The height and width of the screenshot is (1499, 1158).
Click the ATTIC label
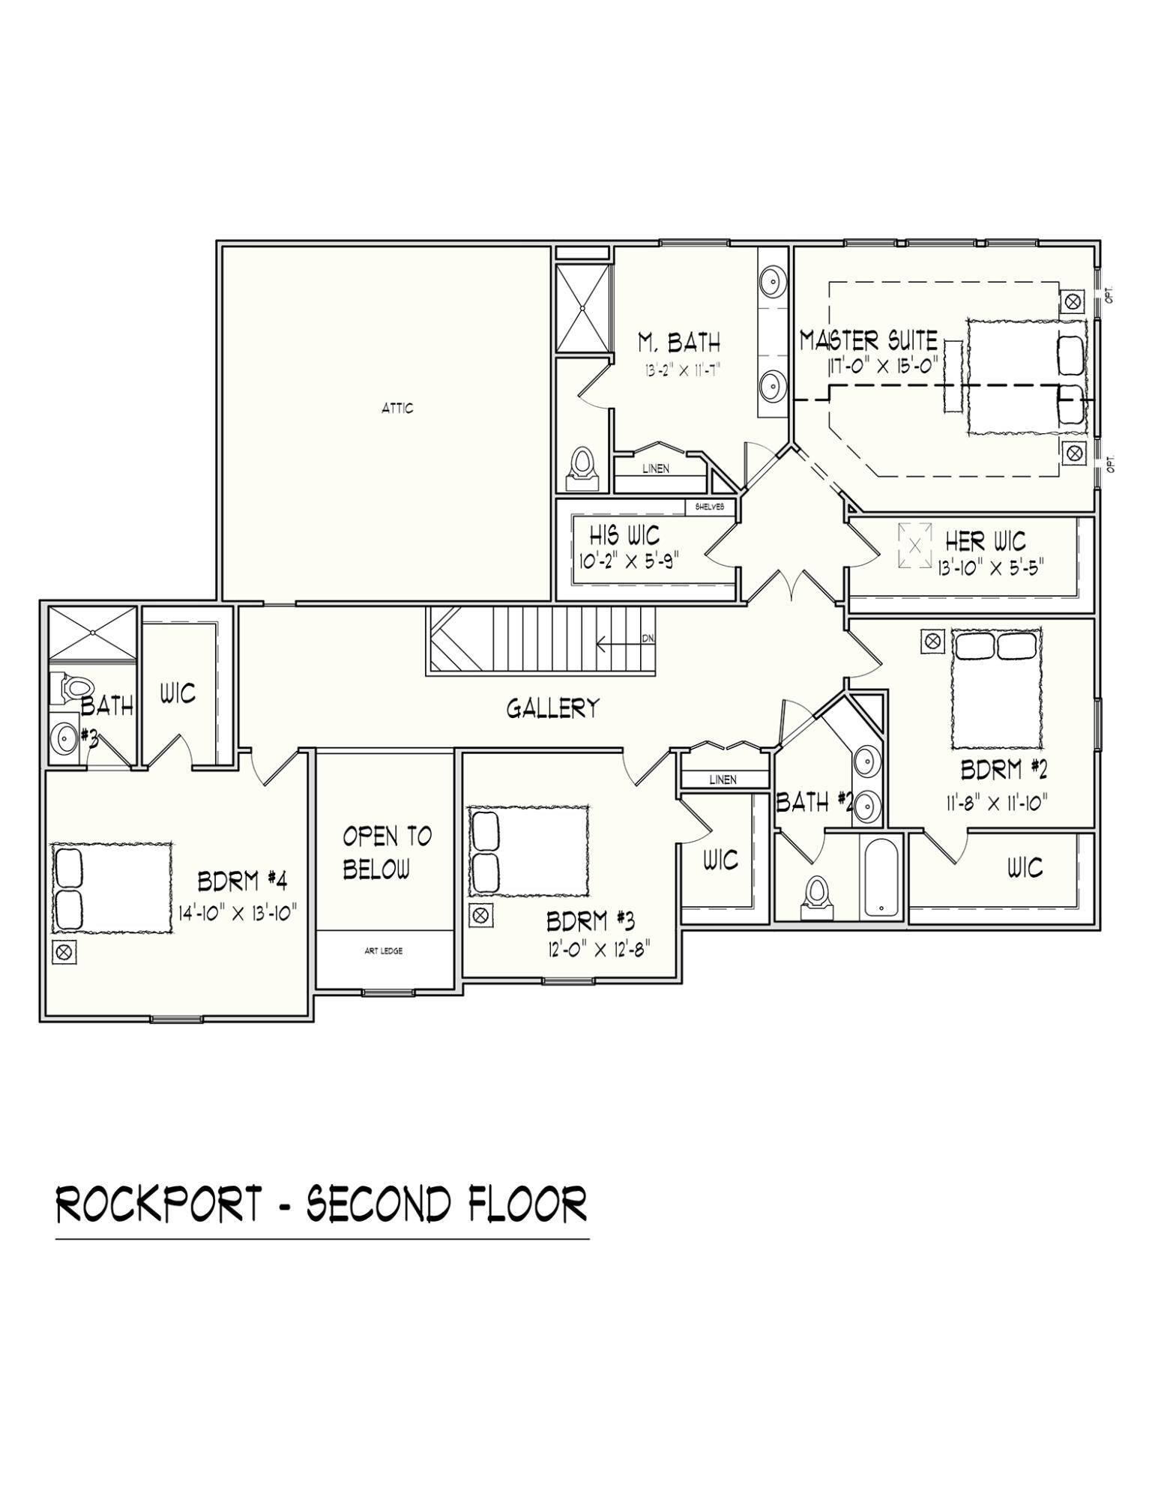coord(396,408)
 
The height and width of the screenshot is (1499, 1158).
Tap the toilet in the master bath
coord(582,464)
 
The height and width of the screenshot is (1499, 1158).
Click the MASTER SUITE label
coord(868,340)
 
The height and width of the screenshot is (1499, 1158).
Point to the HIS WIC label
coord(624,535)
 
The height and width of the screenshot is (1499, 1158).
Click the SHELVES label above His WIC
coord(710,507)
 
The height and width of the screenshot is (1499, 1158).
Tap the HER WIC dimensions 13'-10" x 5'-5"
coord(990,566)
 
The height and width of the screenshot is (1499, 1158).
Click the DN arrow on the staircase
coord(648,639)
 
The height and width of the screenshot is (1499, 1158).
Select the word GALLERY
coord(552,708)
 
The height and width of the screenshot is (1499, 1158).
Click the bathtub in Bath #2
coord(881,877)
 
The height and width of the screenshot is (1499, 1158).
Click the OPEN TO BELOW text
coord(386,852)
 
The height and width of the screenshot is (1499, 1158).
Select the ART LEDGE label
coord(384,951)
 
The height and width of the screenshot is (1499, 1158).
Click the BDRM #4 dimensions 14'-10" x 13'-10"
coord(238,912)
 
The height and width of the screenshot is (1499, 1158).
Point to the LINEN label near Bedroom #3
coord(723,779)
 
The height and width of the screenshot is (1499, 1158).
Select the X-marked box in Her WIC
coord(914,545)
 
